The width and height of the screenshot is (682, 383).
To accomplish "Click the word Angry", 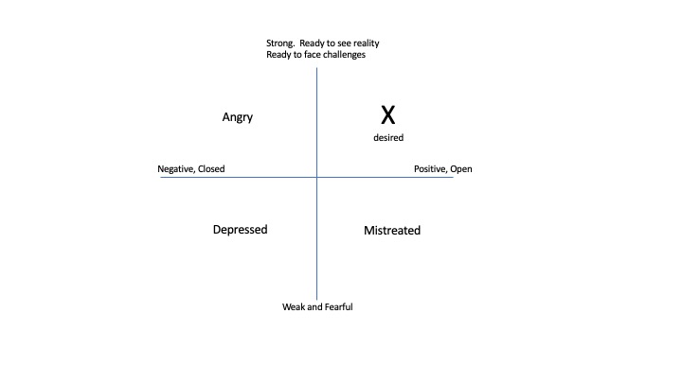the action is click(x=238, y=117).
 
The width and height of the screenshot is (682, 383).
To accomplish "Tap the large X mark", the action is click(x=388, y=115).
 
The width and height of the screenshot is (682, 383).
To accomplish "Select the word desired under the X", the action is click(x=388, y=138).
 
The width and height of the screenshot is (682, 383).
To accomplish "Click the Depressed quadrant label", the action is click(x=240, y=230).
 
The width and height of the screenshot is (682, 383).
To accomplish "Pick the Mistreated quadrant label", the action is click(x=392, y=230).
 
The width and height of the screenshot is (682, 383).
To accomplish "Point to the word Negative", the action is click(x=176, y=169).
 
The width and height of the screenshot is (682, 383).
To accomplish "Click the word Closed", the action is click(x=211, y=168).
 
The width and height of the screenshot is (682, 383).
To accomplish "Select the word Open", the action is click(x=461, y=169).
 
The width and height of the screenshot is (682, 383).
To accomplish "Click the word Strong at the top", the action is click(x=280, y=43).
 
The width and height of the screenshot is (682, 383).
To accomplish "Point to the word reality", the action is click(x=367, y=43).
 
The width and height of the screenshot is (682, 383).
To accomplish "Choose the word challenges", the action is click(x=344, y=55).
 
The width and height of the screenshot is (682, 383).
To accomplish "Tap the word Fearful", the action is click(x=338, y=307).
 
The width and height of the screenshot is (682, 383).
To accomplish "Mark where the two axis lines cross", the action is click(x=316, y=177).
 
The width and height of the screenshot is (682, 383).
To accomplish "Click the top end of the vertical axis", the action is click(x=316, y=68).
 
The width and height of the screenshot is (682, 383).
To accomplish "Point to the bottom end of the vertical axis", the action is click(x=316, y=299).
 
